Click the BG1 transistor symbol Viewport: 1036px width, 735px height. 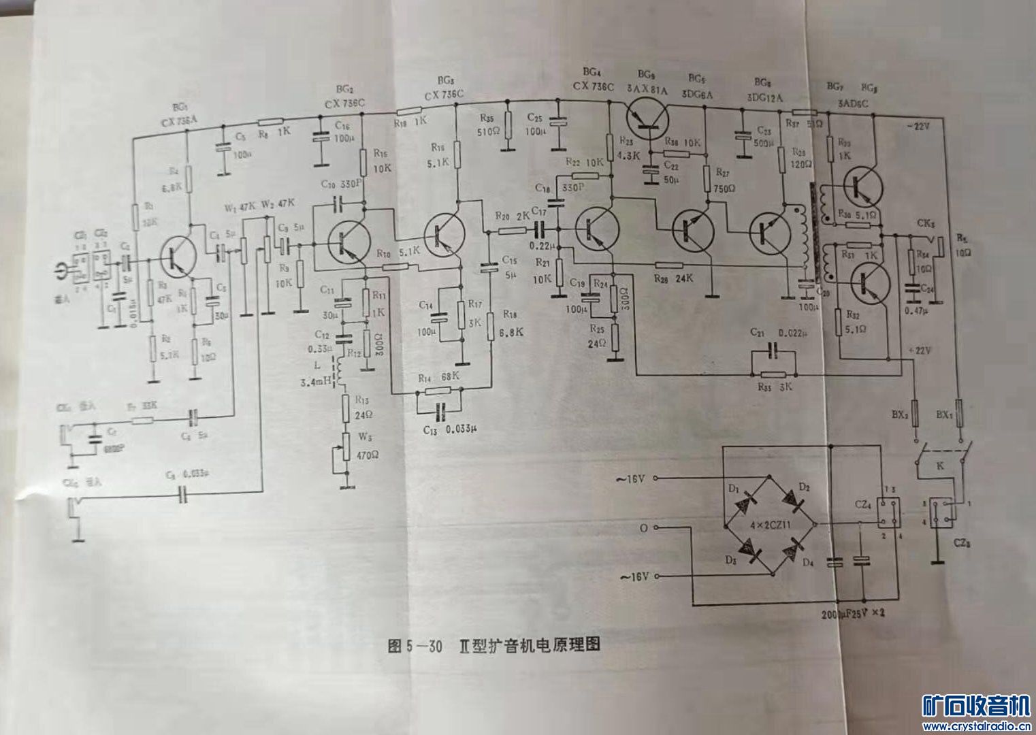click(x=178, y=256)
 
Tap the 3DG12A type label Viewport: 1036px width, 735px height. click(x=765, y=97)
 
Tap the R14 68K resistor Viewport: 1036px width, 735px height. click(x=440, y=390)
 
